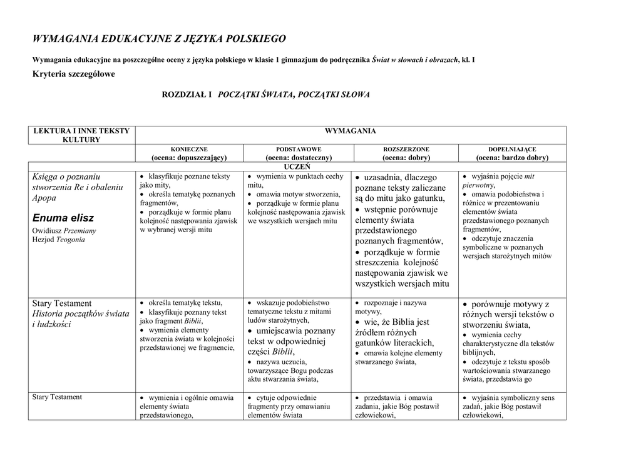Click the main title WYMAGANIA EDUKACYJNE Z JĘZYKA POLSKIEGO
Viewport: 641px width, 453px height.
coord(159,39)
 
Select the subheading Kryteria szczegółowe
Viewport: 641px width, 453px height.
coord(74,74)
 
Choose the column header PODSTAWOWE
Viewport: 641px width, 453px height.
coord(299,150)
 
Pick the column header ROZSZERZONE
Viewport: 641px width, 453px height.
coord(406,150)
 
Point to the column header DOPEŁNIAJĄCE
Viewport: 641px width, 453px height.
coord(512,150)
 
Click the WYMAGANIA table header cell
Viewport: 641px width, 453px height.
coord(351,131)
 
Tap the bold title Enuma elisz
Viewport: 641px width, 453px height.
coord(63,218)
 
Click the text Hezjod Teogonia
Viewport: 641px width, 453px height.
coord(58,240)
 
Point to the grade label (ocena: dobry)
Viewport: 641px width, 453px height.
coord(406,158)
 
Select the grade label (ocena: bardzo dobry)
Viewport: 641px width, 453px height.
coord(512,158)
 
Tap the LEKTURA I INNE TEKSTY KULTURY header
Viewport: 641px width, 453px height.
coord(81,135)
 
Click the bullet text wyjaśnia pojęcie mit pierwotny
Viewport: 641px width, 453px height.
coord(498,180)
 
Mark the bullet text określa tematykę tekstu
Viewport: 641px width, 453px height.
coord(185,303)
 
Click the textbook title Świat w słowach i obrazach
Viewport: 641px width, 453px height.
coord(414,59)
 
